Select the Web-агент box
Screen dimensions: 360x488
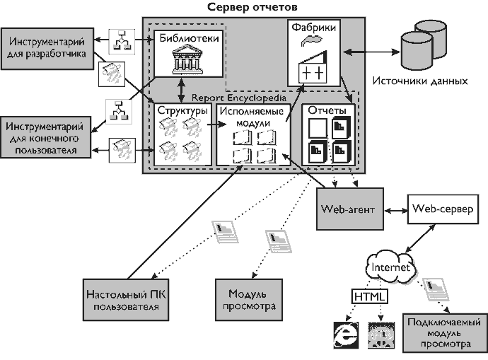pyautogui.click(x=347, y=210)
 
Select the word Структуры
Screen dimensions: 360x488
pyautogui.click(x=182, y=111)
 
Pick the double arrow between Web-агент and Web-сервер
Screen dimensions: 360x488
pyautogui.click(x=396, y=210)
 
